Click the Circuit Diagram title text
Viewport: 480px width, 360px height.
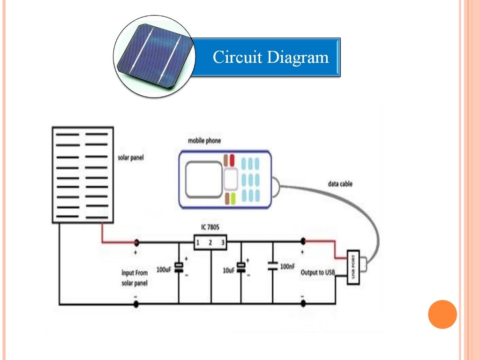tap(270, 58)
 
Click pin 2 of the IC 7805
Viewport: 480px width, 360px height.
tap(210, 242)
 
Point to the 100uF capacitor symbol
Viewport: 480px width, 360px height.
tap(179, 267)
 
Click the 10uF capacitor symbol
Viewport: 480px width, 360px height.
tap(241, 267)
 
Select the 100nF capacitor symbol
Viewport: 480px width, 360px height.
tap(272, 266)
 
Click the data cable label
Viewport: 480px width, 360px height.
tap(340, 184)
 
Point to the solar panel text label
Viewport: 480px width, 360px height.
tap(130, 158)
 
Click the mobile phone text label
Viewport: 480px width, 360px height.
tap(204, 141)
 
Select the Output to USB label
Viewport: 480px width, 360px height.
tap(318, 272)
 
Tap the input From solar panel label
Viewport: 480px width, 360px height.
tap(135, 278)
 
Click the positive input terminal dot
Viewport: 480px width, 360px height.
tap(136, 242)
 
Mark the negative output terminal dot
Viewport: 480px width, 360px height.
tap(303, 304)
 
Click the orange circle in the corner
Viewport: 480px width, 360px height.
tap(442, 314)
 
